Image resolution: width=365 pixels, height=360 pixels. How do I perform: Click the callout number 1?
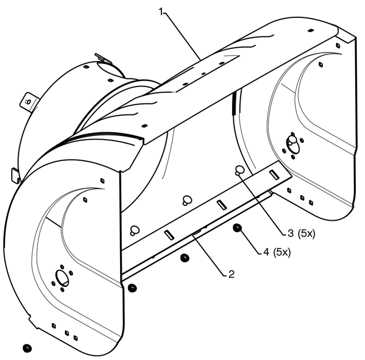coord(161,12)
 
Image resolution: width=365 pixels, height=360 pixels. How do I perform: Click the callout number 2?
coord(231,275)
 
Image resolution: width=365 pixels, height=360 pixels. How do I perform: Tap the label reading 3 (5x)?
coord(301,233)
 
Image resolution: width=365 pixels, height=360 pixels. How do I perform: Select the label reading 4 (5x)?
coord(277,252)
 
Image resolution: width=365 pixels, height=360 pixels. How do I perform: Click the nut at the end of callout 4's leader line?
coord(237,228)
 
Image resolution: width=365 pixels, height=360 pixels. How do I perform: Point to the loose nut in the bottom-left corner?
coord(27,348)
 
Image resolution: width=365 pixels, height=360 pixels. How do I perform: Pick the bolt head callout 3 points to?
coord(239,170)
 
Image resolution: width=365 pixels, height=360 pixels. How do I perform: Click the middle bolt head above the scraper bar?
coord(187,200)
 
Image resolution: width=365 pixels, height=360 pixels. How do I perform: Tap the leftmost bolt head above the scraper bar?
coord(134,230)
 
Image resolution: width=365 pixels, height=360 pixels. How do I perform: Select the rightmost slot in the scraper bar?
coord(274,175)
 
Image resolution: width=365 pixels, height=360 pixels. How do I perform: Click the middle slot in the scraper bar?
coord(221,205)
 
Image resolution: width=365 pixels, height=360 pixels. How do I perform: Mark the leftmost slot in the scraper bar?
coord(170,235)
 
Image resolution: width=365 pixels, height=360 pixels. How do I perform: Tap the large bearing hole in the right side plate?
coord(293,145)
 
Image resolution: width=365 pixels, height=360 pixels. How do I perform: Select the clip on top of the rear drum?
coord(103,59)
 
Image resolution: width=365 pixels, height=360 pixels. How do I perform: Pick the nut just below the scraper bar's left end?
coord(132,288)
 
